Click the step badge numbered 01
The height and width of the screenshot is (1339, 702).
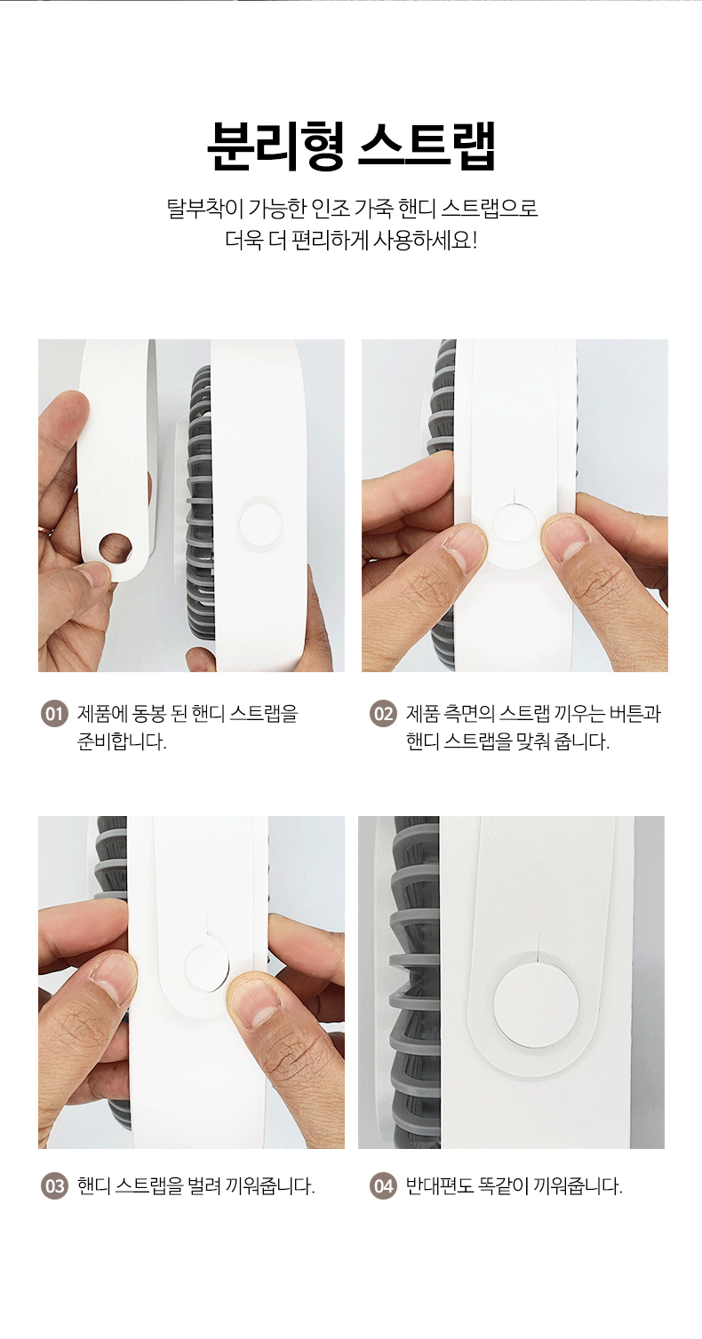pos(54,714)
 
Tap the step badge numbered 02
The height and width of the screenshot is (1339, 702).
pos(383,714)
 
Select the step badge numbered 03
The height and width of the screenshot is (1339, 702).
pos(54,1186)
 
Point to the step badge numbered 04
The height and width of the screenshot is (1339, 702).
pos(383,1186)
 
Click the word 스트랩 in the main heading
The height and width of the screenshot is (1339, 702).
pos(427,147)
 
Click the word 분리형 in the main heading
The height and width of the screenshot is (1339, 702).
pos(275,147)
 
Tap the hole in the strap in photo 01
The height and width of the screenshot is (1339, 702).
pos(116,547)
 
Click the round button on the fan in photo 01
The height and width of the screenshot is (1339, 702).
pos(260,524)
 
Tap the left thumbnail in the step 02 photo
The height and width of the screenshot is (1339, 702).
pos(465,547)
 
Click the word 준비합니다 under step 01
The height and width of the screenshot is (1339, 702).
pos(122,741)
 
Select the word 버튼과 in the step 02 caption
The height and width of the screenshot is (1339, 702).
pos(635,713)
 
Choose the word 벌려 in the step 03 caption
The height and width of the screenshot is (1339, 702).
pos(203,1186)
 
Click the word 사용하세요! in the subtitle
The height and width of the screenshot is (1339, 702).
pos(426,241)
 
